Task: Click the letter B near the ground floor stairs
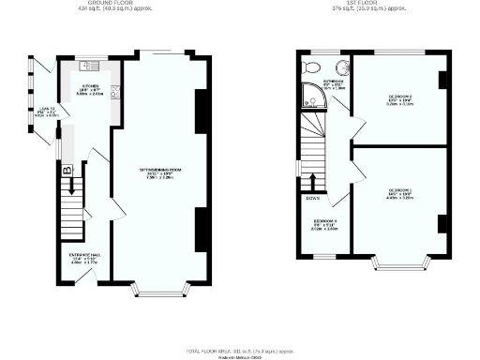(66, 172)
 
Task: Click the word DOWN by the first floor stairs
(313, 198)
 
